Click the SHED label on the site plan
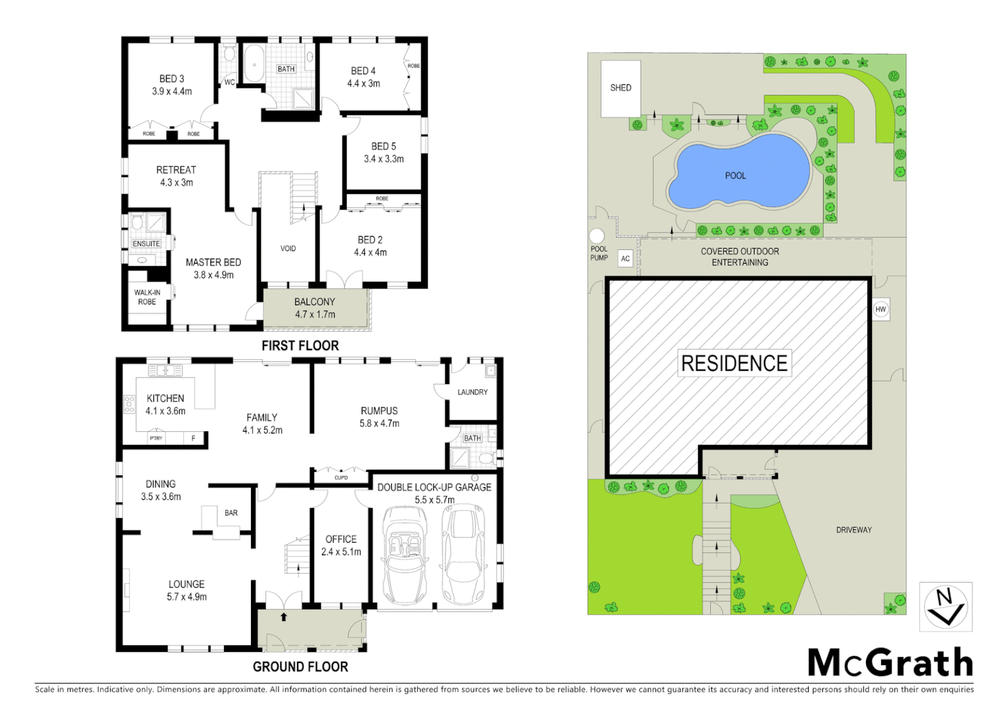pos(620,88)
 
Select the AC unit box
pos(625,259)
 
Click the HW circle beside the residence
pos(880,309)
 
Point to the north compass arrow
pos(946,607)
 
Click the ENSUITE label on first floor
pos(147,244)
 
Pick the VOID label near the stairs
pos(288,249)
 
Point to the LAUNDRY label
pos(472,392)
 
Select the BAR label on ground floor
pos(231,513)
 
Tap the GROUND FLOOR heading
pos(300,667)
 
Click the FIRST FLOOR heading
pos(300,346)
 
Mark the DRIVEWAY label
pos(854,530)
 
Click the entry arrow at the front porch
pos(284,617)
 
